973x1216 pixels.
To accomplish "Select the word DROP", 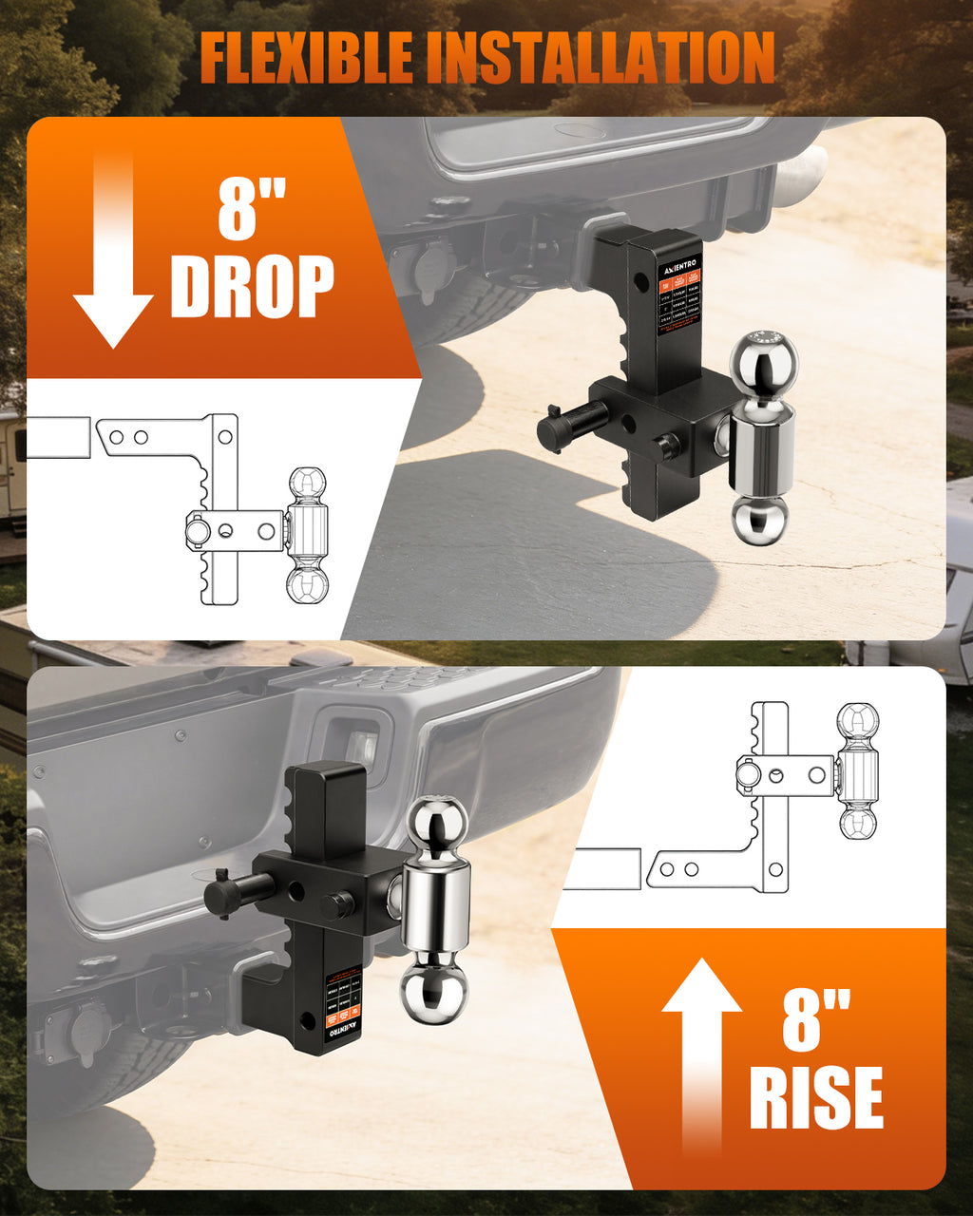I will [252, 286].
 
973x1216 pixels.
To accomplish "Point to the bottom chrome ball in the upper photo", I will [759, 520].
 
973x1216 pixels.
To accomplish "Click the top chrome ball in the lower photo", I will [437, 826].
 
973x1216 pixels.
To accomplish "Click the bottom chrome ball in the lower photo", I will [433, 994].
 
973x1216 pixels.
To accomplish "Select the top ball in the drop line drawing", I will [307, 484].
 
